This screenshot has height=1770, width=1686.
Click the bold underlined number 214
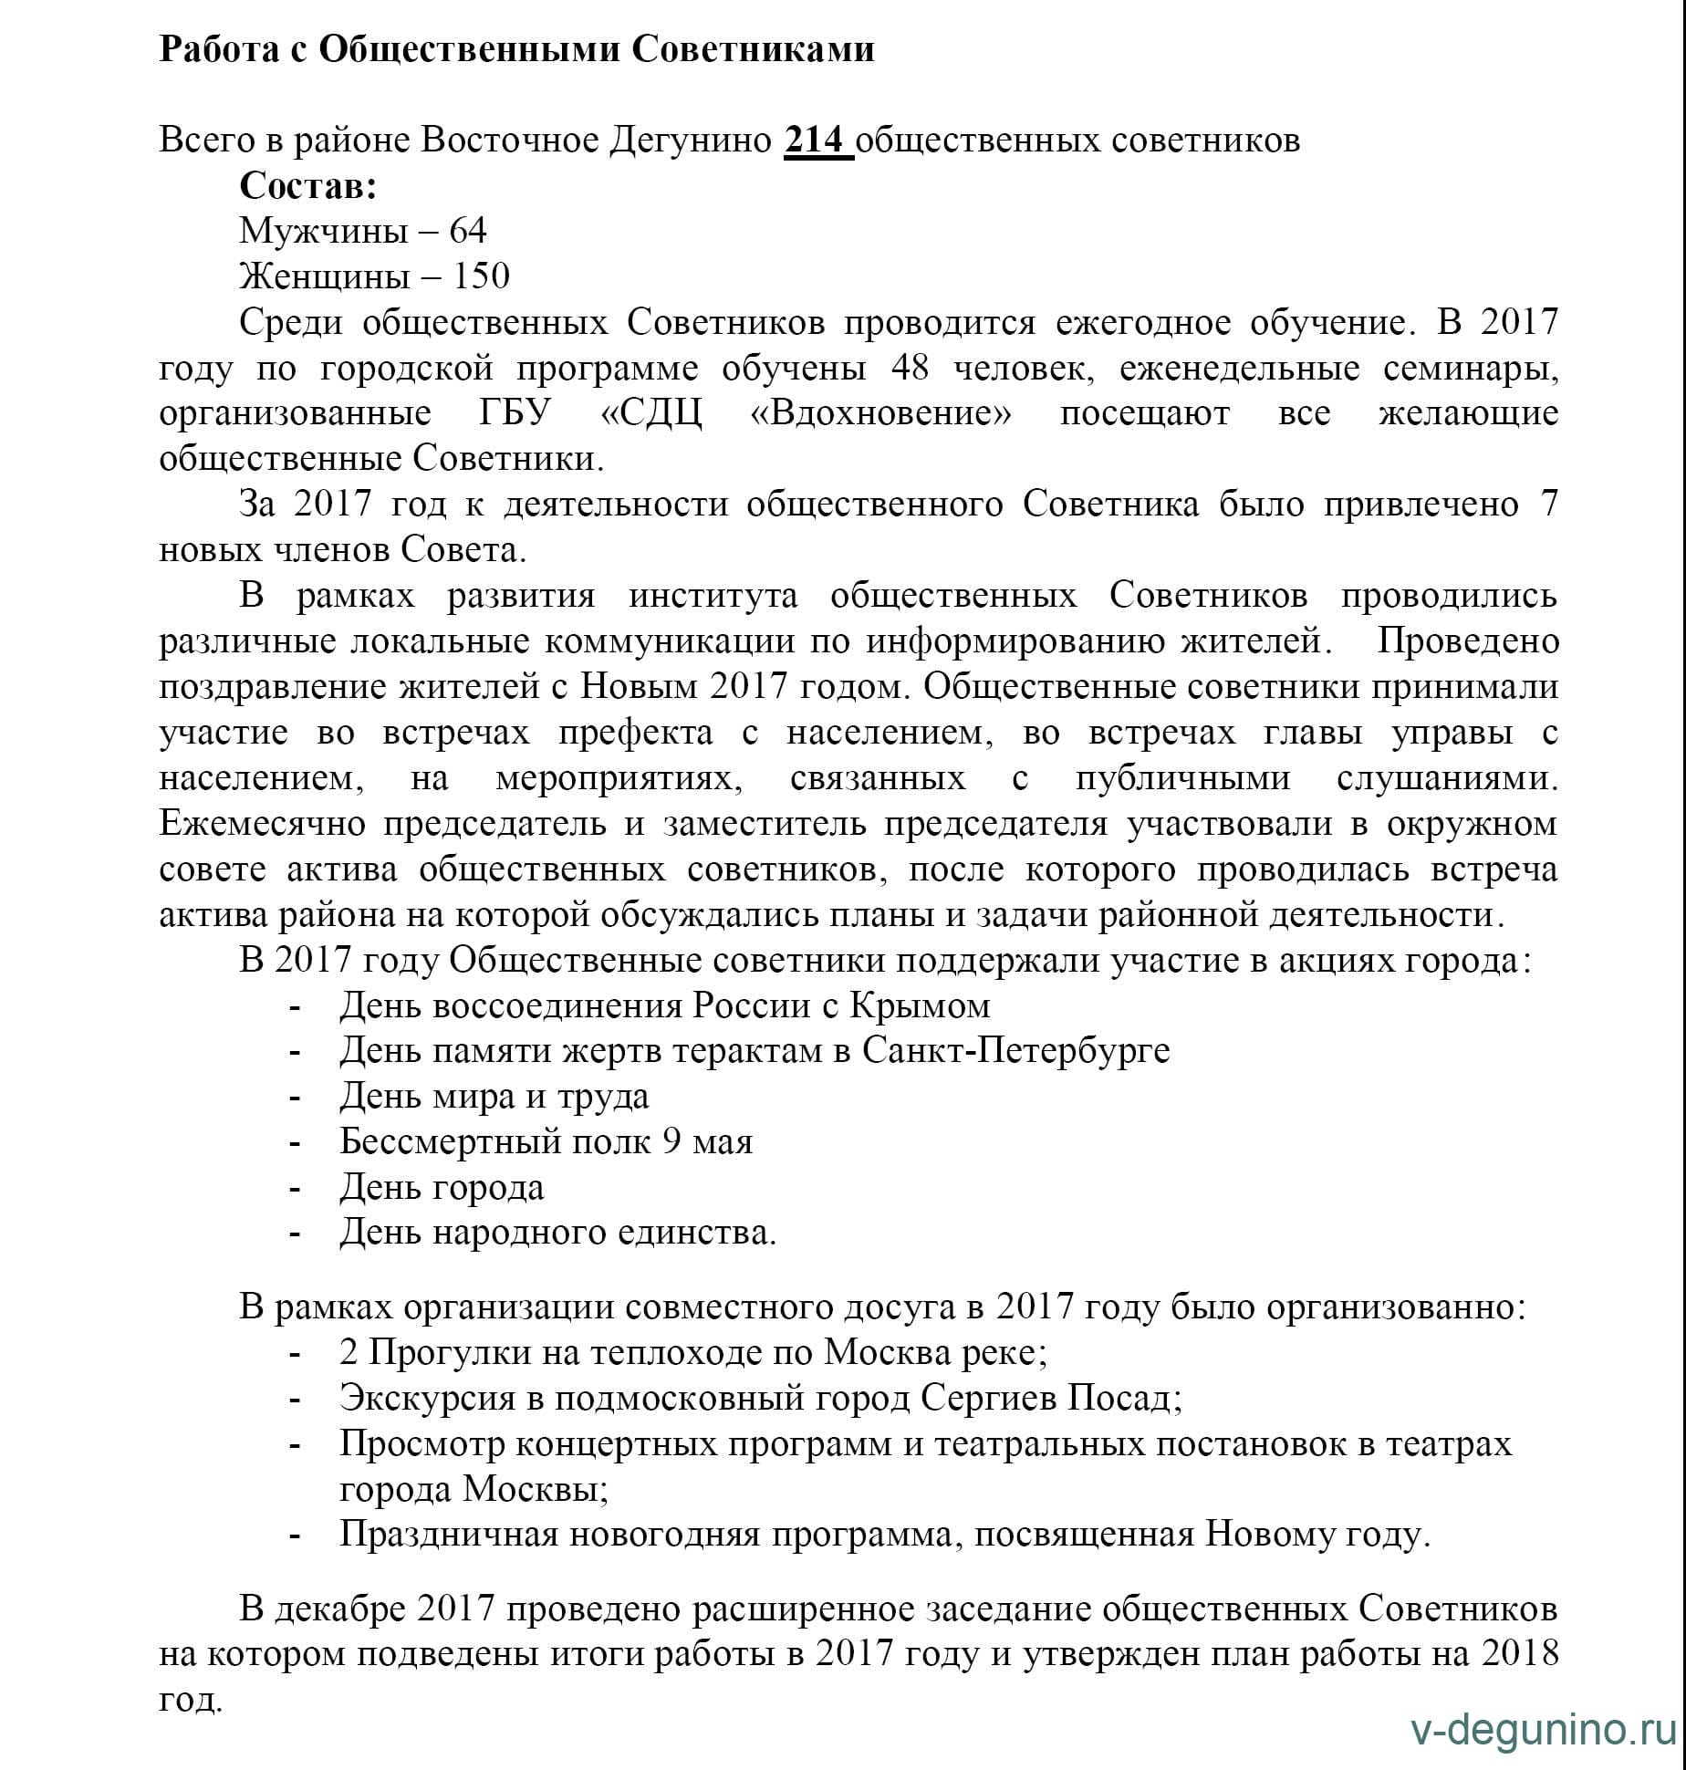pyautogui.click(x=817, y=141)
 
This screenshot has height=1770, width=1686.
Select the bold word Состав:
pyautogui.click(x=308, y=186)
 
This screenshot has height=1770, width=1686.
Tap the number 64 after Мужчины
pyautogui.click(x=467, y=231)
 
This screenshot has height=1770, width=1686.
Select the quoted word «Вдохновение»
pyautogui.click(x=880, y=413)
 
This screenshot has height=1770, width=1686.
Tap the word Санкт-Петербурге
pyautogui.click(x=1015, y=1051)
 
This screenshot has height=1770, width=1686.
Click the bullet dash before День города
pyautogui.click(x=295, y=1189)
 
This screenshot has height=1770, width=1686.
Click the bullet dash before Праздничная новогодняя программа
pyautogui.click(x=295, y=1536)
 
